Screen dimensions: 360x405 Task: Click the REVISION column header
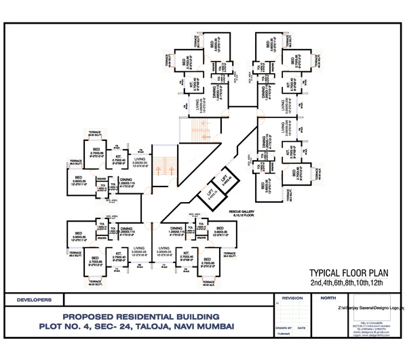click(x=292, y=298)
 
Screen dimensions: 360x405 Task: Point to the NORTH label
click(x=327, y=298)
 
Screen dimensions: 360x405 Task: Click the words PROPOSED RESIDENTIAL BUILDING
click(x=140, y=317)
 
